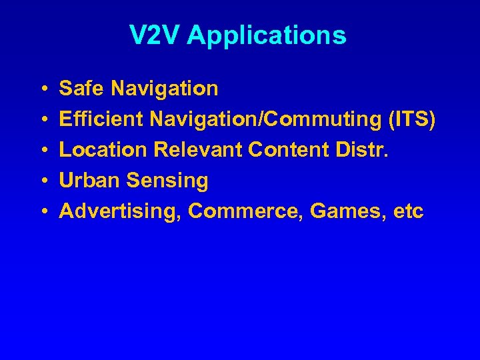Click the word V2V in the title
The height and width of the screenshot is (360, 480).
click(x=155, y=35)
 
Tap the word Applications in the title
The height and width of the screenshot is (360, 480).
click(x=267, y=36)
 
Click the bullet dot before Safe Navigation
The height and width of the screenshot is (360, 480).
click(x=42, y=89)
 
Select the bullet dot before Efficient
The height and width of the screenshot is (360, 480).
click(x=42, y=120)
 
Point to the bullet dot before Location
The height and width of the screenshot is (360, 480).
click(x=42, y=151)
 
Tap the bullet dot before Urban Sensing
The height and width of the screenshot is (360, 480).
click(x=42, y=181)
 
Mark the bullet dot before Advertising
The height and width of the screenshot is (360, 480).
click(x=42, y=212)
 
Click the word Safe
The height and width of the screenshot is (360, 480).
click(x=82, y=88)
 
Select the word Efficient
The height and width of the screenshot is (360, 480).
click(x=101, y=119)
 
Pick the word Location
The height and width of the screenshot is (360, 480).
click(x=103, y=150)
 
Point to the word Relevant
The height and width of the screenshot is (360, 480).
click(x=198, y=150)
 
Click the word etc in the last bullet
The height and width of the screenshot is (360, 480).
click(x=408, y=212)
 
